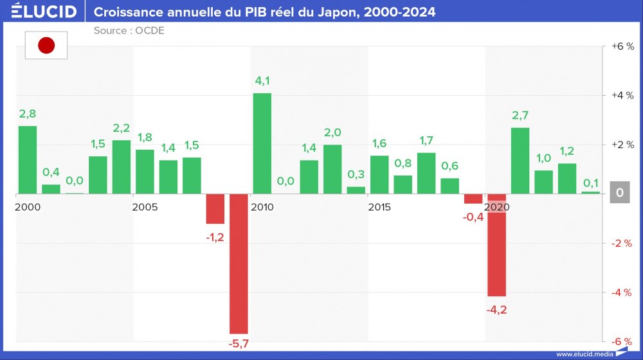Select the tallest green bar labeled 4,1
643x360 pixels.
tap(262, 143)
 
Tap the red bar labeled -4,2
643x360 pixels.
tap(496, 245)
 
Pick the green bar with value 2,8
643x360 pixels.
tap(27, 159)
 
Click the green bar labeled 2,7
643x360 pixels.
tap(520, 161)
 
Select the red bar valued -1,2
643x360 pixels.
tap(215, 209)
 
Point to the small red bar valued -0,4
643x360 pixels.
tap(473, 199)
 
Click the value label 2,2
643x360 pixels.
tap(121, 128)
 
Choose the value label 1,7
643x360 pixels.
tap(426, 141)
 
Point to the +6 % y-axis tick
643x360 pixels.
tap(622, 46)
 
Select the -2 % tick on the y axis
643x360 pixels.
tap(622, 243)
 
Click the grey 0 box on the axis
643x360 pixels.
tap(619, 193)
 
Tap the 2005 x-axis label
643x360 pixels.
tap(145, 207)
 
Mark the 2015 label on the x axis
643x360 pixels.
tap(379, 207)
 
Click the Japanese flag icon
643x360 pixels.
tap(46, 45)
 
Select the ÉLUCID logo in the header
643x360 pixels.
tap(44, 12)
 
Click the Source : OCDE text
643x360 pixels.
tap(129, 30)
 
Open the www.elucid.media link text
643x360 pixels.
tap(583, 354)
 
